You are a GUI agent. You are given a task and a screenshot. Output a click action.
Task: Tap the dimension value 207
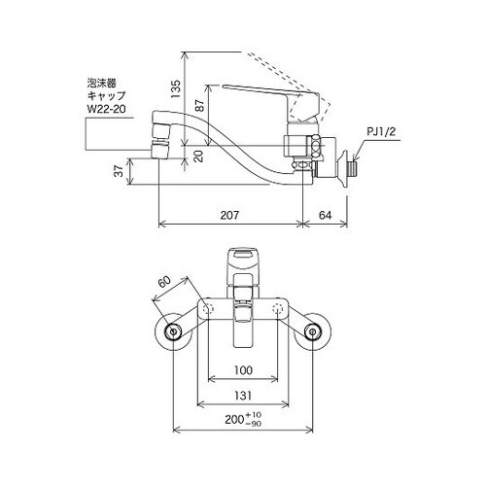click(231, 214)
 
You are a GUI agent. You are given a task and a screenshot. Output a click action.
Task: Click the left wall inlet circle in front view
click(174, 333)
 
